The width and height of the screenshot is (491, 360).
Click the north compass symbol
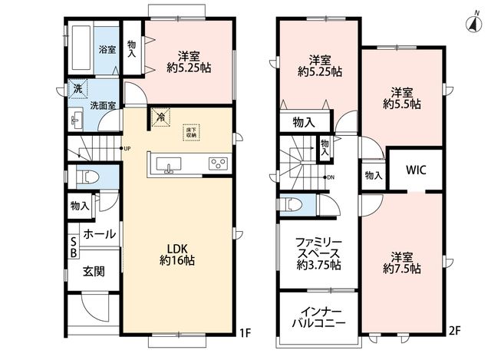[474, 23]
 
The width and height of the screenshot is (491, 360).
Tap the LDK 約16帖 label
[177, 255]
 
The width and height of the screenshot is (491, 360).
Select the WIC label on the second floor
[416, 170]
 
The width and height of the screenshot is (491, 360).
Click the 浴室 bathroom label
[107, 49]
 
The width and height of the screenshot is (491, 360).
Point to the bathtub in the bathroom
[81, 48]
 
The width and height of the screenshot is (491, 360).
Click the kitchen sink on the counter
[169, 165]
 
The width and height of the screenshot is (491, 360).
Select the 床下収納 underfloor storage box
[191, 133]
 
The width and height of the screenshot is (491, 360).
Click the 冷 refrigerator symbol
[160, 117]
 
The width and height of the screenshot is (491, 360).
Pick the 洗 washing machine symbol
[77, 89]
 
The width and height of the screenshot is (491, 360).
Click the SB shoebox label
[74, 247]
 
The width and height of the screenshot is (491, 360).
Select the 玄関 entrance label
[94, 271]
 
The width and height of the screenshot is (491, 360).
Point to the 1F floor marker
[245, 332]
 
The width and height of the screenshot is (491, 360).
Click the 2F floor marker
[454, 330]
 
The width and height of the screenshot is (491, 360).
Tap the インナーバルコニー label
[319, 317]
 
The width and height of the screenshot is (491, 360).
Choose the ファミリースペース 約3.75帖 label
[319, 254]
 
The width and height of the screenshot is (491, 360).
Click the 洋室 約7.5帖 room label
[402, 263]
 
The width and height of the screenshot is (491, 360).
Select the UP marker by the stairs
[127, 148]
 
